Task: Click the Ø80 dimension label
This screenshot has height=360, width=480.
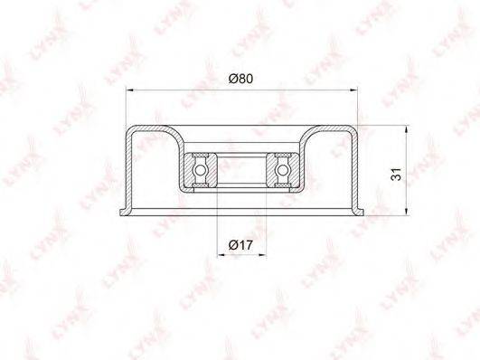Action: (241, 79)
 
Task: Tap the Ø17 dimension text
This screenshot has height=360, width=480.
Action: (241, 245)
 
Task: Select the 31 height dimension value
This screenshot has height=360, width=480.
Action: (397, 175)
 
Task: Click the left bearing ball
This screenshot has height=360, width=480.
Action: (200, 169)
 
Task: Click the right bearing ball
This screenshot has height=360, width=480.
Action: (283, 169)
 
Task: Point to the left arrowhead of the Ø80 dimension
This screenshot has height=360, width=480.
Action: (130, 90)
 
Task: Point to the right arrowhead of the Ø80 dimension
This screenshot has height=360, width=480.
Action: (353, 90)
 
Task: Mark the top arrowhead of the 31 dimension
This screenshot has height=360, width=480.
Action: (406, 129)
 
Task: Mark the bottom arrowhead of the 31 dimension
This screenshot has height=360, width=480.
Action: (406, 212)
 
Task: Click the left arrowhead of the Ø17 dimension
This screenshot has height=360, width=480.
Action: (221, 254)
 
